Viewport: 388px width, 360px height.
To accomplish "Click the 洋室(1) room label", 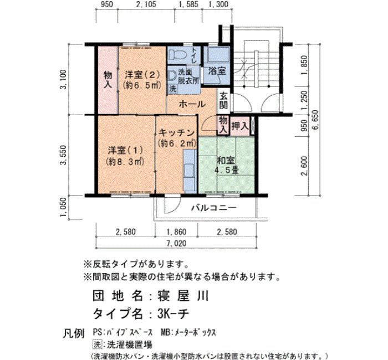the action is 125,150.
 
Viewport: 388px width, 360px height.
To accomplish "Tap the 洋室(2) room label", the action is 142,75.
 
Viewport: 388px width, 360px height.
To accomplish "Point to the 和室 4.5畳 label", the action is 226,165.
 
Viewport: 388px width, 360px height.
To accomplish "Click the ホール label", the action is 192,104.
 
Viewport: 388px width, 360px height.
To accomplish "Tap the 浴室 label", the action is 217,71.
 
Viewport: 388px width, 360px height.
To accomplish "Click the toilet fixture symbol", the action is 178,54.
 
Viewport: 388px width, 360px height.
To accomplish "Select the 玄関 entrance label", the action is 223,101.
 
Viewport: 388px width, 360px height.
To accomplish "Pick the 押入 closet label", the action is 239,126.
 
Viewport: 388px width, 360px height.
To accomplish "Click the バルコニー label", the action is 214,208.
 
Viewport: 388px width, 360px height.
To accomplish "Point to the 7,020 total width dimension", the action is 176,244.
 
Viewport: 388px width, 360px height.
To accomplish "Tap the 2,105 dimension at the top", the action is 146,4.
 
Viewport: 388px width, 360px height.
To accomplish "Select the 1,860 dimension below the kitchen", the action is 176,232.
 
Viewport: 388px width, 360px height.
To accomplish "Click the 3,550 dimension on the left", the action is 64,155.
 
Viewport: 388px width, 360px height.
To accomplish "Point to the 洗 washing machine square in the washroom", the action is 173,89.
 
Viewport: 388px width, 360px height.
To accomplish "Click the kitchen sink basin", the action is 190,170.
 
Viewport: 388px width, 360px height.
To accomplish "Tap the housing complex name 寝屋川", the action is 183,296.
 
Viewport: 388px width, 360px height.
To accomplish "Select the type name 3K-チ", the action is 173,314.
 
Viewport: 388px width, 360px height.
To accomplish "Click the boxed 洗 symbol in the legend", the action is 97,344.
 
